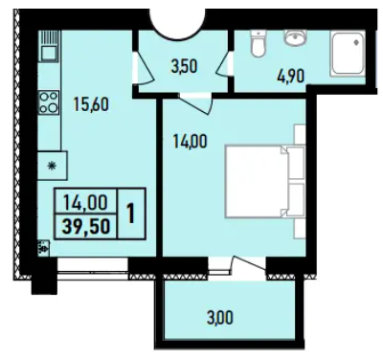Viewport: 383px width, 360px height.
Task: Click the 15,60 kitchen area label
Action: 91,104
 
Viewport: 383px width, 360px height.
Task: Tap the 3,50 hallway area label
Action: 184,67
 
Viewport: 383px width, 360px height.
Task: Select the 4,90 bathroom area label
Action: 291,76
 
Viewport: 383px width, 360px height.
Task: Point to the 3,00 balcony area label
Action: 220,318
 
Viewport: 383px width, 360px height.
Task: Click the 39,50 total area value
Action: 86,227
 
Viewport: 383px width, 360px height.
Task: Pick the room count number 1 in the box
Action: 131,214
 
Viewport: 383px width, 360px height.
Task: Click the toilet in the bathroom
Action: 259,44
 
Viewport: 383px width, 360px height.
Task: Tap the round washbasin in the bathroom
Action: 295,38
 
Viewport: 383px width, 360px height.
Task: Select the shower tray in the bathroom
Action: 348,55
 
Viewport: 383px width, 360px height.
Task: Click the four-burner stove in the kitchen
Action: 49,102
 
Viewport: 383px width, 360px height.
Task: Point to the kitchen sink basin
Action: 49,53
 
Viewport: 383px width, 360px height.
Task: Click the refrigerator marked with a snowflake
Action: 53,166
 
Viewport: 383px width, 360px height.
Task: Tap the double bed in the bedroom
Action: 265,181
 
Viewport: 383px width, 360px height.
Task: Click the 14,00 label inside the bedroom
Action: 190,142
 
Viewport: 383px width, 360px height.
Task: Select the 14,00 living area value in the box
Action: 85,202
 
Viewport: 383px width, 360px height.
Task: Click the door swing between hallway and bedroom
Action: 195,103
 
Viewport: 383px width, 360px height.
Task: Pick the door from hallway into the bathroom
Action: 226,64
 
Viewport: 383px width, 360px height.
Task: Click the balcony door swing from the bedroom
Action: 248,264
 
